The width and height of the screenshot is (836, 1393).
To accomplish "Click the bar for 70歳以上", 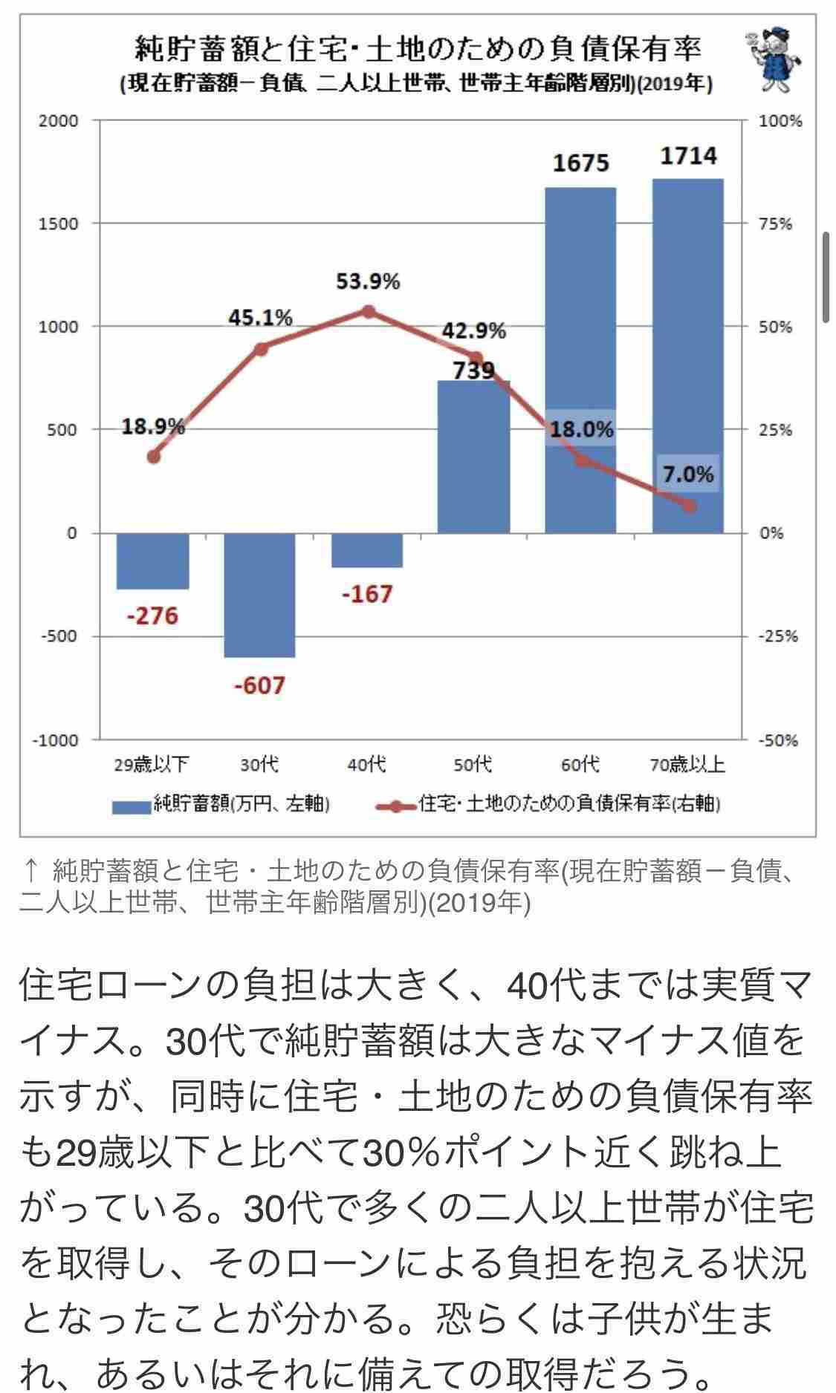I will pyautogui.click(x=687, y=356).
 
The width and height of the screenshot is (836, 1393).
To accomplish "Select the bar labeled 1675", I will pyautogui.click(x=580, y=356).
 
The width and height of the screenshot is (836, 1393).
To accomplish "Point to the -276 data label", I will pyautogui.click(x=152, y=616).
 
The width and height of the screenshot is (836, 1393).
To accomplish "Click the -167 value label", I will pyautogui.click(x=367, y=594).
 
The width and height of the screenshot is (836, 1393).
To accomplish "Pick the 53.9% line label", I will pyautogui.click(x=368, y=282).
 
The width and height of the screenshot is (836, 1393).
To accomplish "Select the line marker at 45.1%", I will pyautogui.click(x=260, y=348).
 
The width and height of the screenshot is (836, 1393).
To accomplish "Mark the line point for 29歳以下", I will pyautogui.click(x=153, y=457).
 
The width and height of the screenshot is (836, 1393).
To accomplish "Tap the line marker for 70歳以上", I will pyautogui.click(x=689, y=506).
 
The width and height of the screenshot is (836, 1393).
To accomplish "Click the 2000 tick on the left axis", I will pyautogui.click(x=59, y=121).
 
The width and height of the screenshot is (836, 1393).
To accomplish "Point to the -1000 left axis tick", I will pyautogui.click(x=55, y=740).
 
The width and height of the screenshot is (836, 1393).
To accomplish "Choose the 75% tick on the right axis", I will pyautogui.click(x=776, y=224).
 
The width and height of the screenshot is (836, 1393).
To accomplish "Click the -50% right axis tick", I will pyautogui.click(x=777, y=740).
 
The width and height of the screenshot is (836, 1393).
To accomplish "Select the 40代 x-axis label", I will pyautogui.click(x=367, y=764).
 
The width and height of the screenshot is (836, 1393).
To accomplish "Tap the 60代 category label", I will pyautogui.click(x=580, y=764).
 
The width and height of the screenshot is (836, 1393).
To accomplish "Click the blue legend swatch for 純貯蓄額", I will pyautogui.click(x=131, y=806).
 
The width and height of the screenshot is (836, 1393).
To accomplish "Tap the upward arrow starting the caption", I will pyautogui.click(x=31, y=870).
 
